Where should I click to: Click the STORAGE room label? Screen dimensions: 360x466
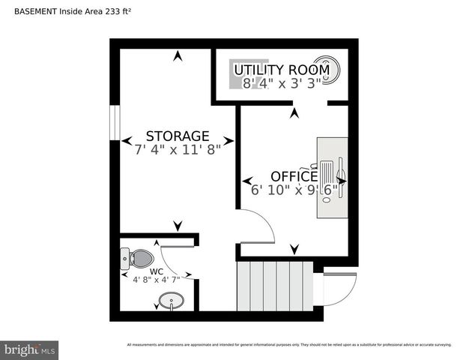click(x=177, y=136)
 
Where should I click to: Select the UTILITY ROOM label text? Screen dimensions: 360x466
click(x=281, y=70)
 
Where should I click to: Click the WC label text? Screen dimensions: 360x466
click(x=157, y=271)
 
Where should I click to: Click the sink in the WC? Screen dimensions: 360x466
click(x=171, y=302)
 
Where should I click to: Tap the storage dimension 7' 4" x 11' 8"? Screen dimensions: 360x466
click(x=177, y=149)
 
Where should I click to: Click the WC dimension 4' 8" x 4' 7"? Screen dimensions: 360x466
click(x=157, y=280)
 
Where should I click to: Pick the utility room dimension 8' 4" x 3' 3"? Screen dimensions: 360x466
click(x=281, y=82)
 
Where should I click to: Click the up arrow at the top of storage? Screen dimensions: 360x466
click(x=178, y=55)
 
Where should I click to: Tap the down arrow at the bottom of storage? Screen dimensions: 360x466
click(x=178, y=225)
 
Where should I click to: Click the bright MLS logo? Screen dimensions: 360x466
click(x=30, y=349)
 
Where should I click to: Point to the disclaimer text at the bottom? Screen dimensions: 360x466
click(x=289, y=345)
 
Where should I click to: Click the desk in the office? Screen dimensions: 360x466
click(x=332, y=177)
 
